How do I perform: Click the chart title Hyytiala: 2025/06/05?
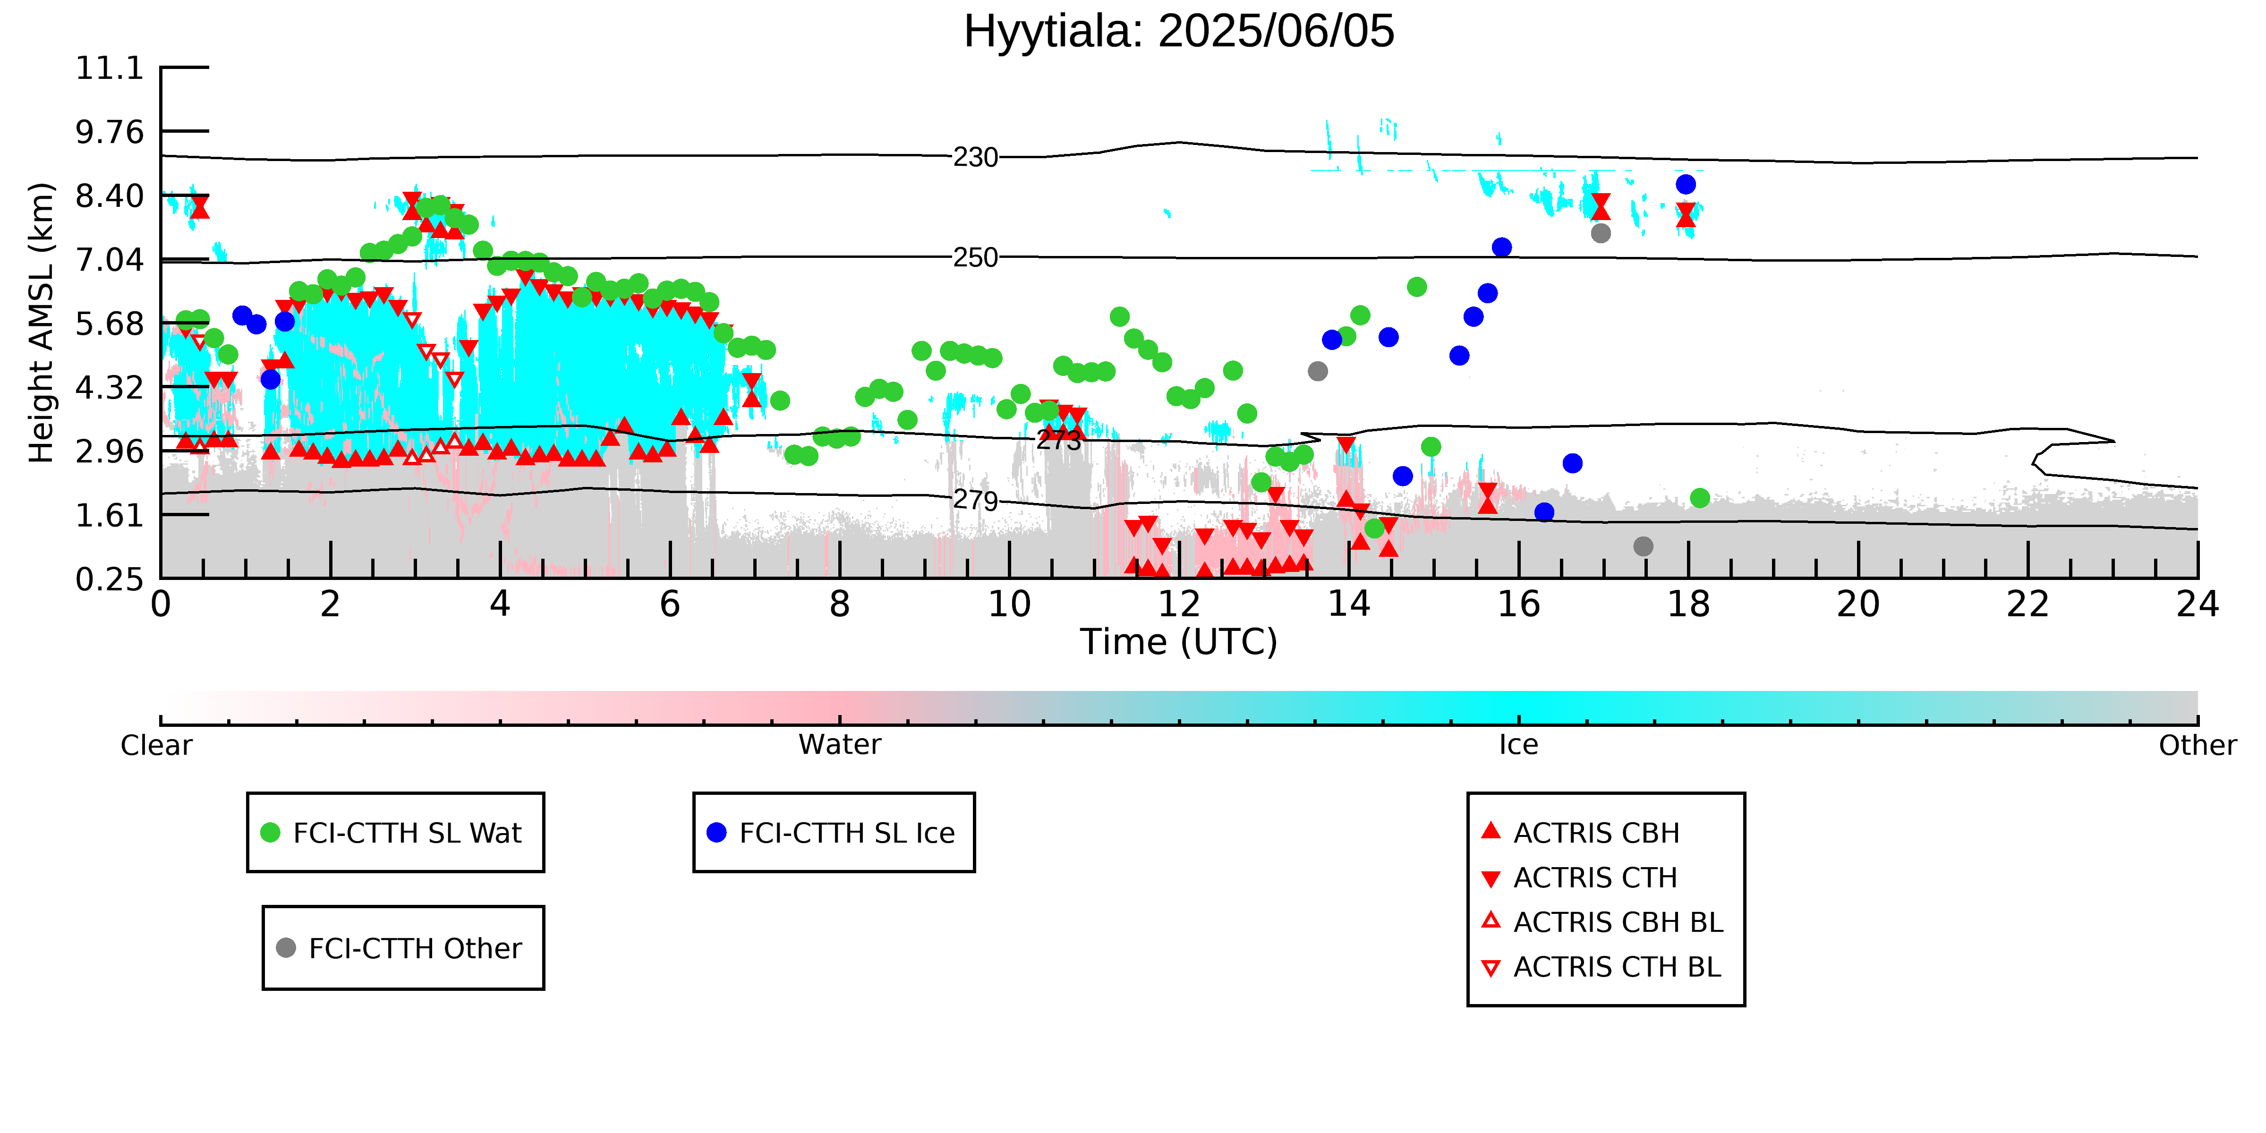(1179, 32)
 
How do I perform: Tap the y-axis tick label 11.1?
(109, 68)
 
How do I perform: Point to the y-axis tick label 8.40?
(109, 195)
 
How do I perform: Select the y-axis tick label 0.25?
(109, 579)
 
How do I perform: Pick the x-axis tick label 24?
(2198, 605)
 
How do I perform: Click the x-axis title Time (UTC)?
(1179, 642)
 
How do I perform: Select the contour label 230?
(976, 157)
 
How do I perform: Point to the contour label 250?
(976, 258)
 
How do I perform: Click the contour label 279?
(976, 501)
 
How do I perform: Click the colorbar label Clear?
(157, 745)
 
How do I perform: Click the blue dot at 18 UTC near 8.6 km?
(1686, 184)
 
